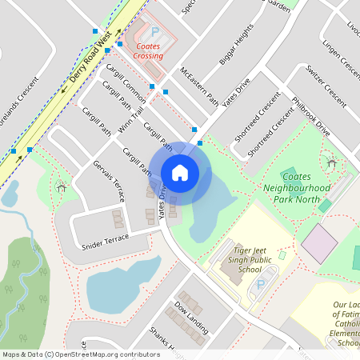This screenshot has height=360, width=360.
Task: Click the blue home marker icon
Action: point(180,172)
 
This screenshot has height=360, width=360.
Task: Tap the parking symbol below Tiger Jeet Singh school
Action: point(261,285)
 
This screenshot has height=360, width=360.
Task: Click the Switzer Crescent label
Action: point(326,86)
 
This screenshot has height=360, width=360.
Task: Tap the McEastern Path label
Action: point(200,87)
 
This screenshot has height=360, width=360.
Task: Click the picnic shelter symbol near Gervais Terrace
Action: point(62,187)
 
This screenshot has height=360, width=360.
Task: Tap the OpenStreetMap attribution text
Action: point(80,354)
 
